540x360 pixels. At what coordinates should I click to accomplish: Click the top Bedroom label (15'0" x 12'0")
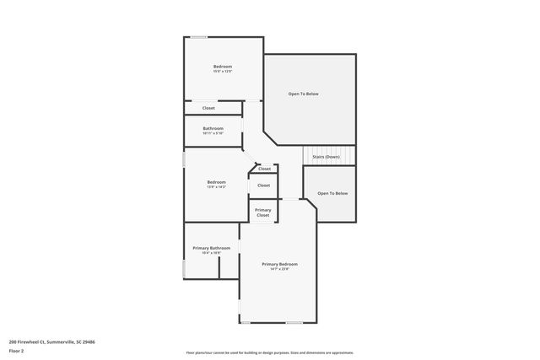(223, 67)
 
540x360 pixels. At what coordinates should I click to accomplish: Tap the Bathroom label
(213, 128)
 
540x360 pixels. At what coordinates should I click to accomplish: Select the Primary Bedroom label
(279, 264)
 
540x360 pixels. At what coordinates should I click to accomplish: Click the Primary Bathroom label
(212, 248)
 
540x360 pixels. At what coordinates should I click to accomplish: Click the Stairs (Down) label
(327, 157)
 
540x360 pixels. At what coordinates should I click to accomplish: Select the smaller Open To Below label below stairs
(332, 193)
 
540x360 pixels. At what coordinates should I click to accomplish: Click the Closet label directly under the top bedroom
(208, 108)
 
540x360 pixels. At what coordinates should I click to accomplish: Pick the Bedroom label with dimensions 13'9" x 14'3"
(217, 182)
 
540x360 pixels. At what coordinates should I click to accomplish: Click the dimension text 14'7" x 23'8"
(279, 270)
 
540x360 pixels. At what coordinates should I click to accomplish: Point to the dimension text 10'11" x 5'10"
(213, 133)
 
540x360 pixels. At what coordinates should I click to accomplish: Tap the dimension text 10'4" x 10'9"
(212, 253)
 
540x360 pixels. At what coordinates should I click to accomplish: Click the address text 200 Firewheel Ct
(51, 342)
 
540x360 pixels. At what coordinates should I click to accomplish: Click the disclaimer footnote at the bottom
(269, 352)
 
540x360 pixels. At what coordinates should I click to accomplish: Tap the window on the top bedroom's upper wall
(199, 36)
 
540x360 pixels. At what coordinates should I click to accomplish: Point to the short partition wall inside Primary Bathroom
(219, 268)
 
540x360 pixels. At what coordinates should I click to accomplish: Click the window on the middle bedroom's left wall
(184, 159)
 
